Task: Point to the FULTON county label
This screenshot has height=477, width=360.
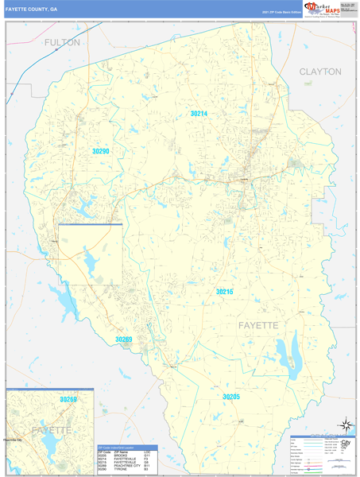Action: coord(62,42)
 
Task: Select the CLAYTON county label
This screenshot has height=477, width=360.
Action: coord(320,72)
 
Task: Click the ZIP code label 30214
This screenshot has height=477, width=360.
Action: coord(199,114)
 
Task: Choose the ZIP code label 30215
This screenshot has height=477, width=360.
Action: coord(225,292)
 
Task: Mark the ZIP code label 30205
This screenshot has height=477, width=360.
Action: coord(231,396)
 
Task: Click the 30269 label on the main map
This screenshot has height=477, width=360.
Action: coord(123,339)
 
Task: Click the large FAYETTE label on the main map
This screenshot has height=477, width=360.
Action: coord(258,326)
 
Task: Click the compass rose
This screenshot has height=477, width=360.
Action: coord(345,425)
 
